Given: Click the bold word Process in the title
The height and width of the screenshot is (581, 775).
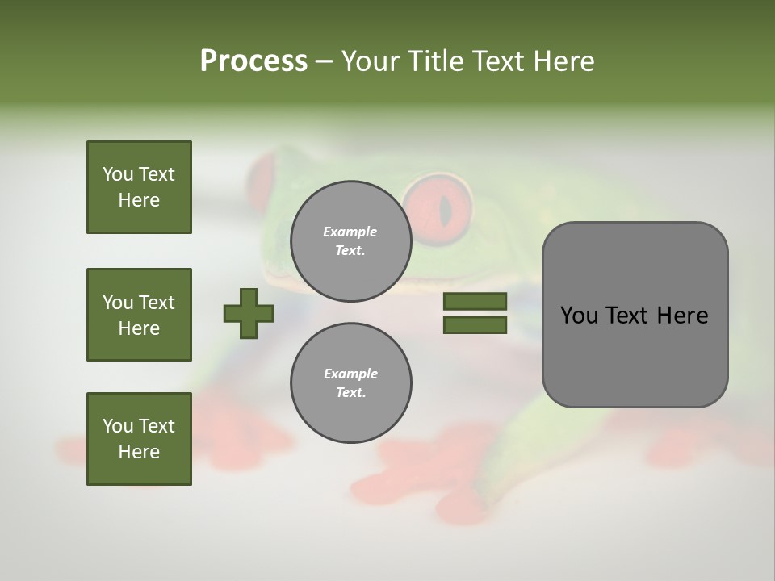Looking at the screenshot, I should pyautogui.click(x=253, y=61).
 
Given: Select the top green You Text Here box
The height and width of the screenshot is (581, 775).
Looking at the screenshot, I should pyautogui.click(x=139, y=187).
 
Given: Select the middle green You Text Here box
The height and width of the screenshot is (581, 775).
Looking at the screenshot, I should pyautogui.click(x=139, y=315).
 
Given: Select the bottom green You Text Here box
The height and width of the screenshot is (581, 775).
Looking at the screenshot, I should pyautogui.click(x=139, y=438).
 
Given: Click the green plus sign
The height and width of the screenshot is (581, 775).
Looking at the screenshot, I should pyautogui.click(x=249, y=313).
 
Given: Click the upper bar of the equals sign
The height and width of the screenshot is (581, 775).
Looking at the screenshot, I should pyautogui.click(x=475, y=301).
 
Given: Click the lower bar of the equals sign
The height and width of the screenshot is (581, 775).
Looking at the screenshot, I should pyautogui.click(x=475, y=325).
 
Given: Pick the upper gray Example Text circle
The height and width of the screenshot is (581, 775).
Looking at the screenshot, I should pyautogui.click(x=350, y=240).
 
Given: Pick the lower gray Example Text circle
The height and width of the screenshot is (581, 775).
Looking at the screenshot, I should pyautogui.click(x=350, y=382).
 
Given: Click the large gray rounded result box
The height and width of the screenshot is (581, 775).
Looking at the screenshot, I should pyautogui.click(x=635, y=315).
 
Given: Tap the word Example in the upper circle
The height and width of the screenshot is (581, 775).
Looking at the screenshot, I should pyautogui.click(x=350, y=232).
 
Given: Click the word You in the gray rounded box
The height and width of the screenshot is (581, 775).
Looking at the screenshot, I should pyautogui.click(x=580, y=316).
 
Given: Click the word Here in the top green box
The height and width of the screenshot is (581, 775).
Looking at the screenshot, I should pyautogui.click(x=139, y=200).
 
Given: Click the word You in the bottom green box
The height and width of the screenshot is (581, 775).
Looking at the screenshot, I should pyautogui.click(x=118, y=426).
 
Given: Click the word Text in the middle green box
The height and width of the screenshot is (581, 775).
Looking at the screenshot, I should pyautogui.click(x=157, y=303).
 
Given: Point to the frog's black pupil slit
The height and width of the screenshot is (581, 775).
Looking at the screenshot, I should pyautogui.click(x=445, y=210).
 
